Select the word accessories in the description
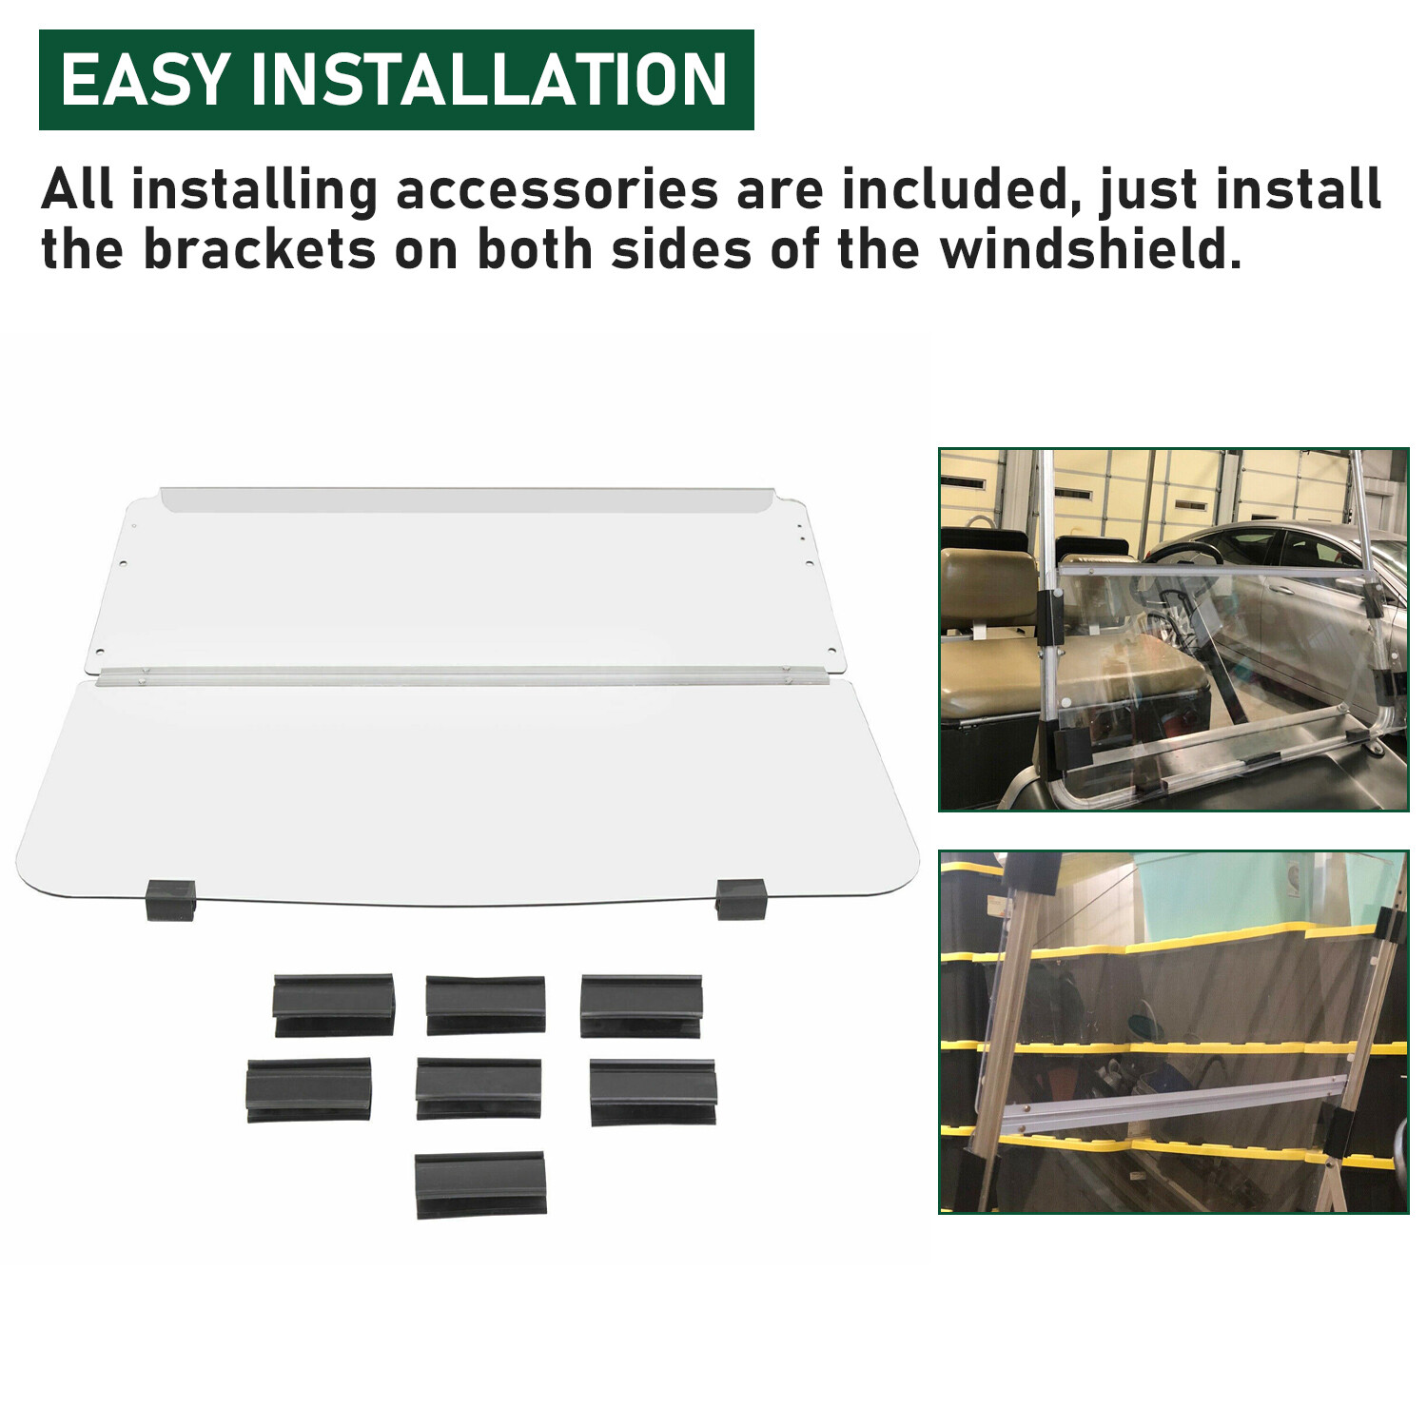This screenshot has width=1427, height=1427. pos(557,189)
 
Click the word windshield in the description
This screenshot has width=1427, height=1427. pos(1091,249)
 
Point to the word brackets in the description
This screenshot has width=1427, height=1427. pos(259,249)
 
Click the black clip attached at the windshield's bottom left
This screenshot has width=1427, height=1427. pos(171,899)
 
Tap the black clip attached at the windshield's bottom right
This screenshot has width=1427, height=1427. pos(741,899)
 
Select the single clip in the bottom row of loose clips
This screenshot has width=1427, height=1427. pos(481,1184)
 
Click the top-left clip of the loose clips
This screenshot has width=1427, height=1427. pos(333,1005)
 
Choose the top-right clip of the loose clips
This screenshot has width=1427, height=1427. pos(641,1006)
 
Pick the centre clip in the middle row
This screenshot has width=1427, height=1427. pos(479,1088)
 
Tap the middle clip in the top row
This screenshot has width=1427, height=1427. pos(485,1005)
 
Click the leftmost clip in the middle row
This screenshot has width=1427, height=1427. pos(309,1090)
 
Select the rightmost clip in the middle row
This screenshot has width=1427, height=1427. pos(653,1092)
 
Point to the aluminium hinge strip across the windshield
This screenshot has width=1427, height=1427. pos(445,676)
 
